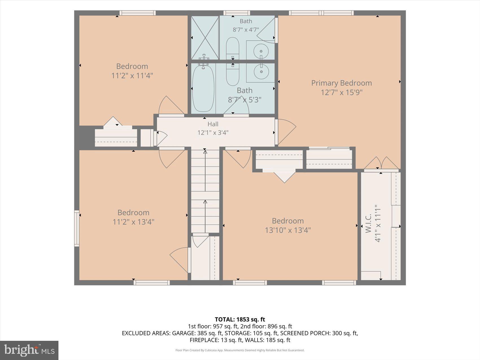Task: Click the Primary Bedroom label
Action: (341, 83)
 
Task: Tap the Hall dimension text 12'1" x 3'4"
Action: (213, 132)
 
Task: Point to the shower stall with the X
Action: (205, 38)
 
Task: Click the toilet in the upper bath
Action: (233, 48)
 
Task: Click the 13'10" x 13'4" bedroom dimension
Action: (288, 230)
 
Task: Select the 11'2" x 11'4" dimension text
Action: (132, 76)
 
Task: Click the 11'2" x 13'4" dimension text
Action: (133, 222)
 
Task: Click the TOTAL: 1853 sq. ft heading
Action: (240, 319)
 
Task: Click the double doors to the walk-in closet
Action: (381, 163)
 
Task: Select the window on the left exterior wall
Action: (77, 228)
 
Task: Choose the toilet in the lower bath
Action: (233, 74)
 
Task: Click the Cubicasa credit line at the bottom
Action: (240, 350)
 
